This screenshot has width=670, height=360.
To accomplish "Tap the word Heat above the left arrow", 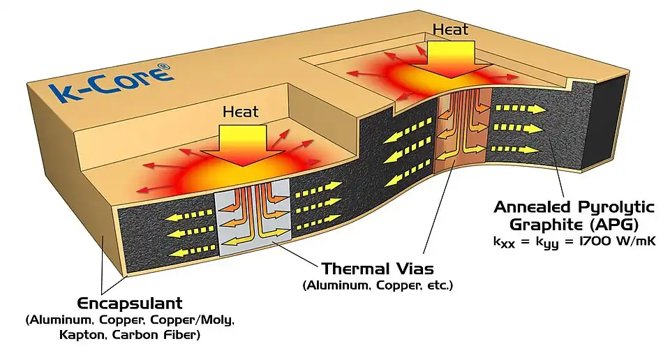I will pos(240,112).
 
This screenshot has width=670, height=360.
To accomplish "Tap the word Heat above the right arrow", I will pos(451,29).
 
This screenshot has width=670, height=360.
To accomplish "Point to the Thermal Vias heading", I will pos(378,268).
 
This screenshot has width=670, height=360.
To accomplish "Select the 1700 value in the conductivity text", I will pos(598,241).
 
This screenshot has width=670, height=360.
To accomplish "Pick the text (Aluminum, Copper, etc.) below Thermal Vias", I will pos(378,285).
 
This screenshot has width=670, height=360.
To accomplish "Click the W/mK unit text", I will pos(641,241).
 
